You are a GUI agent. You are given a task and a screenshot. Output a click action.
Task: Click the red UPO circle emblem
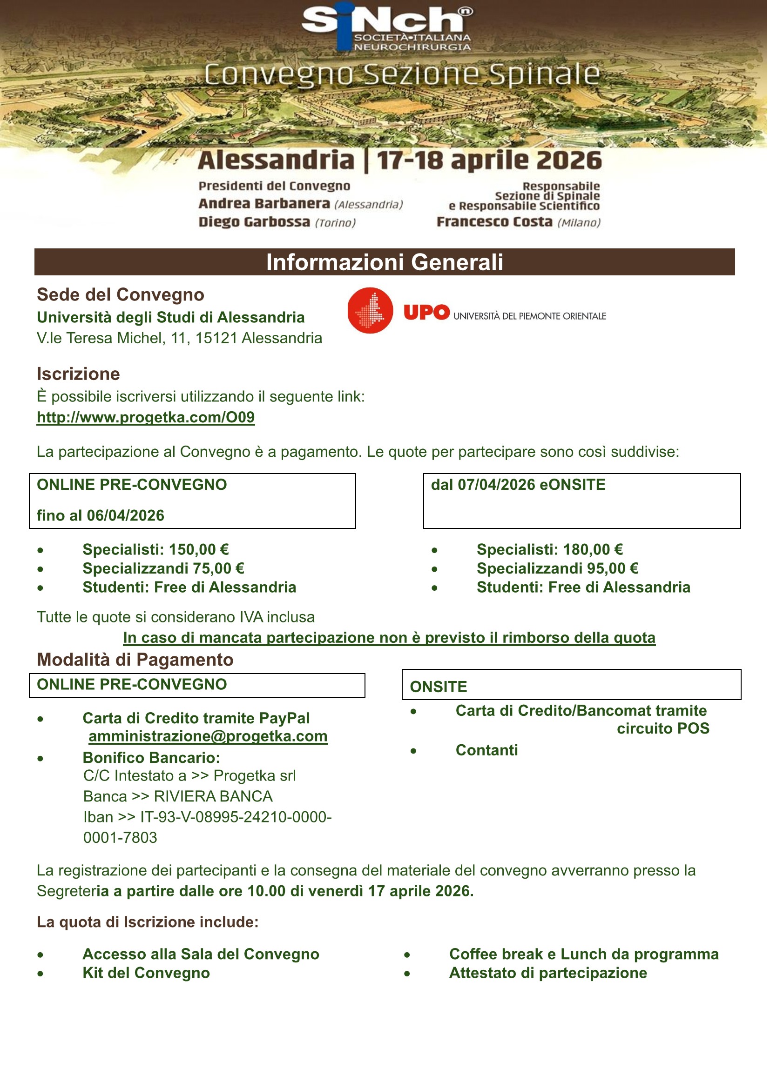[x=370, y=311]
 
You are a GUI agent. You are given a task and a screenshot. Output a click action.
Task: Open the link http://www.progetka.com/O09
[x=146, y=417]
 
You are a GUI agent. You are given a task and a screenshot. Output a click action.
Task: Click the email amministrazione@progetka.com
[x=208, y=736]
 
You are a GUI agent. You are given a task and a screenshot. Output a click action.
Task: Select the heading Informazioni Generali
[x=385, y=262]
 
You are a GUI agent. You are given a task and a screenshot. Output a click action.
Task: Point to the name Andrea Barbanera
[x=264, y=204]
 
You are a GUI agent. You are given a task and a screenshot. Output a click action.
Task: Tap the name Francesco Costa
[x=494, y=222]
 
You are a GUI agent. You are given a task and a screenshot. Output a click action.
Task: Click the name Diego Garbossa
[x=254, y=222]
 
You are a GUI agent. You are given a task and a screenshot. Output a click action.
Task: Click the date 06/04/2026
[x=125, y=515]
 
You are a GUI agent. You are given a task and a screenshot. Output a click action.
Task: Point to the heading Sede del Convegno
[x=121, y=295]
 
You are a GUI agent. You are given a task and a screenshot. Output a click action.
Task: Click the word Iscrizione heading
[x=78, y=374]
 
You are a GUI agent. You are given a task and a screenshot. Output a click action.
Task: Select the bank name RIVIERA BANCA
[x=213, y=796]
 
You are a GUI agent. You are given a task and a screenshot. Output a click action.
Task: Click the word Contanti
[x=486, y=750]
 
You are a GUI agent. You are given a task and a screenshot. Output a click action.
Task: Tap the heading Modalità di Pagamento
[x=135, y=660]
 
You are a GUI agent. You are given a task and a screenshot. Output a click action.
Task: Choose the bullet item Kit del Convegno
[x=146, y=973]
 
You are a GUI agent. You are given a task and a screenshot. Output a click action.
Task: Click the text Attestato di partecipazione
[x=548, y=973]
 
